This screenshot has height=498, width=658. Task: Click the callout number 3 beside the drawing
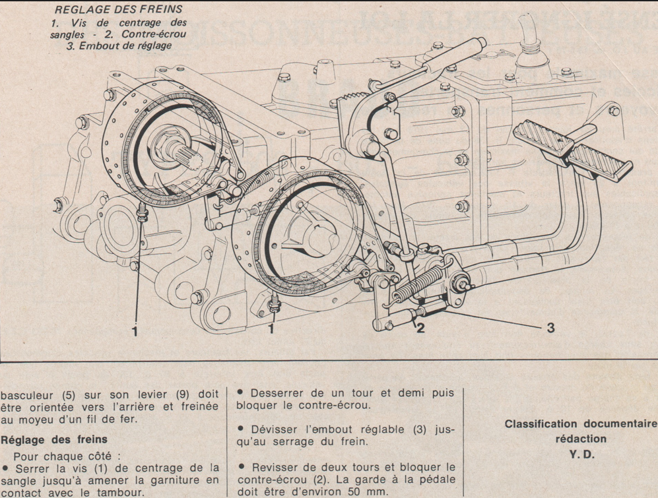pyautogui.click(x=550, y=327)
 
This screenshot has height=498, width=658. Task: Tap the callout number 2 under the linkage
pyautogui.click(x=420, y=328)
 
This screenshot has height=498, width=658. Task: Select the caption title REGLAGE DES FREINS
pyautogui.click(x=118, y=9)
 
